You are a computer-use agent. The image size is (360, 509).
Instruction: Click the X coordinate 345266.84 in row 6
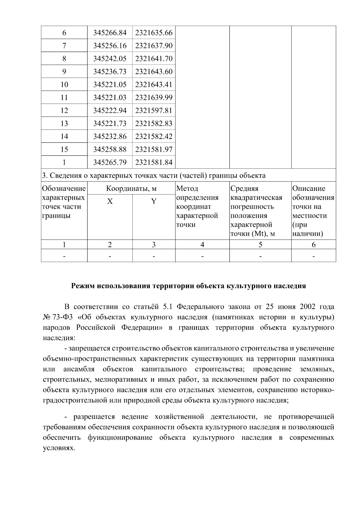[x=110, y=33]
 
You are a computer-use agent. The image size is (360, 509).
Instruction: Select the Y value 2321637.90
[x=154, y=46]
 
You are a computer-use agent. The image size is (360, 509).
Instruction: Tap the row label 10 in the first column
[x=64, y=85]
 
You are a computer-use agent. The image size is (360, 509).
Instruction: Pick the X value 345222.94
[x=110, y=110]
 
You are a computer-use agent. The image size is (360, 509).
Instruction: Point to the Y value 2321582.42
[x=154, y=136]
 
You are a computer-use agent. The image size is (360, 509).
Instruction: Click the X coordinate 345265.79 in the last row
[x=110, y=162]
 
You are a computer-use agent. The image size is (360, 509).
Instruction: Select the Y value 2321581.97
[x=154, y=149]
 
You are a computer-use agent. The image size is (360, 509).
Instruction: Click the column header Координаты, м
[x=131, y=189]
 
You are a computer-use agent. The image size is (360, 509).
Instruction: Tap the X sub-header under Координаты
[x=110, y=201]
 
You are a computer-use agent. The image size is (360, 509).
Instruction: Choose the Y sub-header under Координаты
[x=154, y=201]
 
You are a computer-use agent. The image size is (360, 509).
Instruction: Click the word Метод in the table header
[x=187, y=189]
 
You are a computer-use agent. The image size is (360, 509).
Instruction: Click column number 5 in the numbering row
[x=260, y=245]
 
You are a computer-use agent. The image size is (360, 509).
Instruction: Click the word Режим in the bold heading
[x=83, y=286]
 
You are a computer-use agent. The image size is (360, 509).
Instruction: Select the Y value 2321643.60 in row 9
[x=154, y=72]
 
